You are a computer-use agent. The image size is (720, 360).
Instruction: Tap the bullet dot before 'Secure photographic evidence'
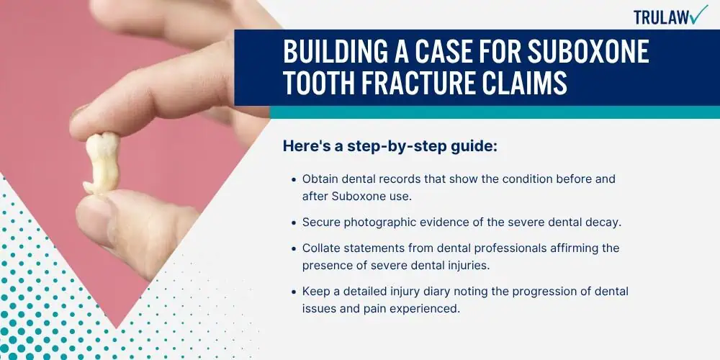click(294, 222)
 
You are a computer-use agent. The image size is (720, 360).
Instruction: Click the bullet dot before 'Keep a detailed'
click(294, 292)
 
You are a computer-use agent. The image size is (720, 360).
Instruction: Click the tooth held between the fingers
click(102, 163)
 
